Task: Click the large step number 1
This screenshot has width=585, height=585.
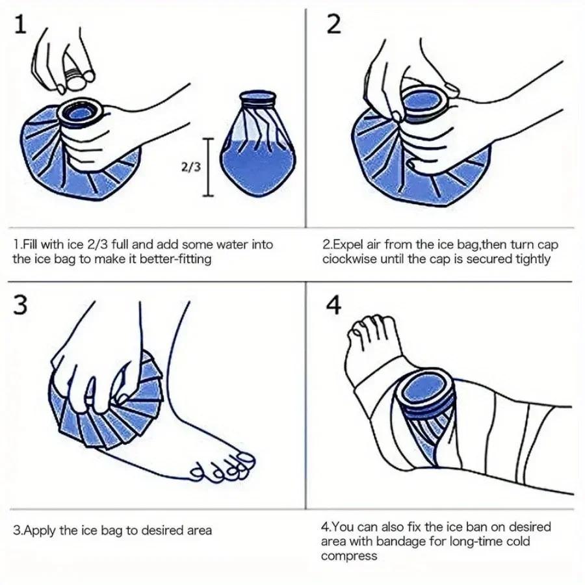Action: pyautogui.click(x=21, y=25)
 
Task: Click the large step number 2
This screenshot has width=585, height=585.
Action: pyautogui.click(x=334, y=25)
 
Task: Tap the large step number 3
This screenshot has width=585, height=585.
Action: pyautogui.click(x=20, y=305)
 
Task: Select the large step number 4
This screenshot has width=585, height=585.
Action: pyautogui.click(x=333, y=305)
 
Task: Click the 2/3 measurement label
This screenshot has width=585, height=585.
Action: pyautogui.click(x=190, y=166)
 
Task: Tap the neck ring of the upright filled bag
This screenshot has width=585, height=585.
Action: pyautogui.click(x=258, y=98)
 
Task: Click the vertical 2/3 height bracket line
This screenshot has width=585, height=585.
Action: pyautogui.click(x=208, y=167)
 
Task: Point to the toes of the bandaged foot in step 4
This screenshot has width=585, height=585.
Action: pyautogui.click(x=369, y=326)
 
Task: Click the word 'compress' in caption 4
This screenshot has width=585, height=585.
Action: pyautogui.click(x=349, y=556)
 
